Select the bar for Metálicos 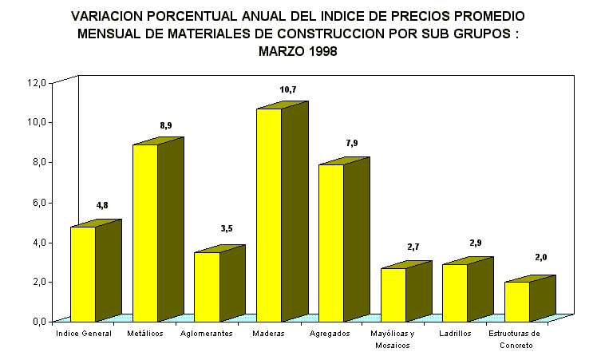pos(145,232)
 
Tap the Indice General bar pos(83,274)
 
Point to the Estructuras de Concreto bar pos(516,301)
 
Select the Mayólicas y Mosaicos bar pos(393,294)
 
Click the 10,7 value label pos(288,90)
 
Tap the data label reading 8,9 pos(165,126)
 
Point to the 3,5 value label pos(227,229)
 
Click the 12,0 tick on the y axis pos(38,82)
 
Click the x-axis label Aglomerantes pos(207,334)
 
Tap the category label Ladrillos pos(455,334)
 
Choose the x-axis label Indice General pos(83,334)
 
